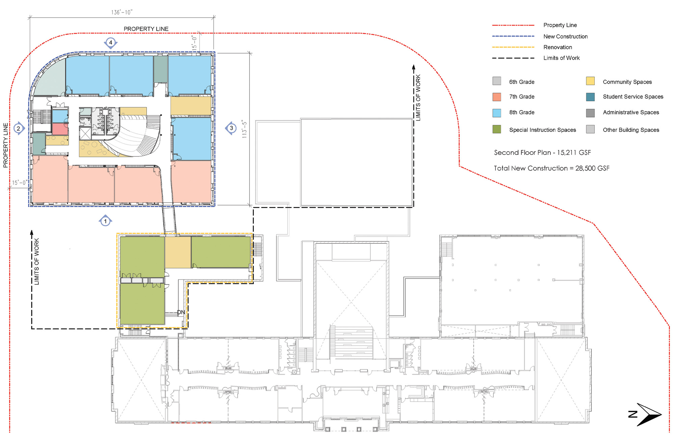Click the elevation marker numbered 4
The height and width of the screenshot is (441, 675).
(x=111, y=43)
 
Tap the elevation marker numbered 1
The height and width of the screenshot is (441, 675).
(x=105, y=221)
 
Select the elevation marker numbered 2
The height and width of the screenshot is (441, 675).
(x=19, y=128)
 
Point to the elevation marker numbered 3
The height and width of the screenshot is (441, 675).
(x=231, y=128)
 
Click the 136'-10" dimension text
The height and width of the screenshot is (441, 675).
(x=122, y=12)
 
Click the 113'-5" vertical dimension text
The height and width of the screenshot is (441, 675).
(x=244, y=129)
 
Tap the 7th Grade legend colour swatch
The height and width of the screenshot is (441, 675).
(x=496, y=97)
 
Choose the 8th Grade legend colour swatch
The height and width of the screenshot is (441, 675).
(x=496, y=113)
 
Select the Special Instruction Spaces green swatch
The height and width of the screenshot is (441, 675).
(x=496, y=129)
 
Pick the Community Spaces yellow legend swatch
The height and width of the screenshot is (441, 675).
(x=590, y=81)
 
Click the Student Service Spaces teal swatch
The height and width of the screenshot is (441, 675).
(x=590, y=97)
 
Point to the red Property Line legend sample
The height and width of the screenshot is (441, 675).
(x=513, y=25)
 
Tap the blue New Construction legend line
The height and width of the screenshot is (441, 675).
(x=513, y=36)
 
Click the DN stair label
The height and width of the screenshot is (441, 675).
(x=181, y=312)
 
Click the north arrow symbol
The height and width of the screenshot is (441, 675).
(x=646, y=414)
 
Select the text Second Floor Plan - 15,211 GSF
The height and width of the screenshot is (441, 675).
(x=542, y=152)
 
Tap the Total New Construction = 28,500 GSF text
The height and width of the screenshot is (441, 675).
(x=551, y=168)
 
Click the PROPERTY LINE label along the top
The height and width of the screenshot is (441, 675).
(x=146, y=29)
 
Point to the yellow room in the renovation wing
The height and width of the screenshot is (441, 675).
(x=178, y=252)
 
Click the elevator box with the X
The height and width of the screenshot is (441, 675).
(x=85, y=134)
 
